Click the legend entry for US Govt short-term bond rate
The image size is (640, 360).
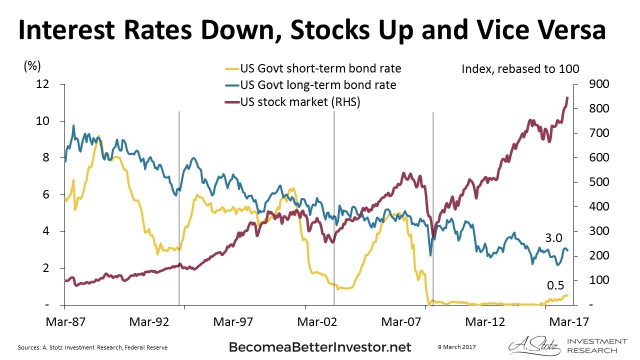tap(320, 68)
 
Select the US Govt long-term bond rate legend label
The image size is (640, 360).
tap(317, 85)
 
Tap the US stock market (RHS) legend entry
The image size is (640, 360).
tap(300, 101)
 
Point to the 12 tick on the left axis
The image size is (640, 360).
tap(43, 84)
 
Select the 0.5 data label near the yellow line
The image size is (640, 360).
tap(555, 285)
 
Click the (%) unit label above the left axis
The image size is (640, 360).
tap(32, 65)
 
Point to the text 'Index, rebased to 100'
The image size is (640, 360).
tap(520, 68)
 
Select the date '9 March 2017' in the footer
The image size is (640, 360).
tap(455, 346)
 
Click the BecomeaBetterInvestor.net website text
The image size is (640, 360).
tap(320, 347)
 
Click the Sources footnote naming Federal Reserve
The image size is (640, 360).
tap(92, 347)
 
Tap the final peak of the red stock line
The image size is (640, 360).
tap(567, 98)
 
